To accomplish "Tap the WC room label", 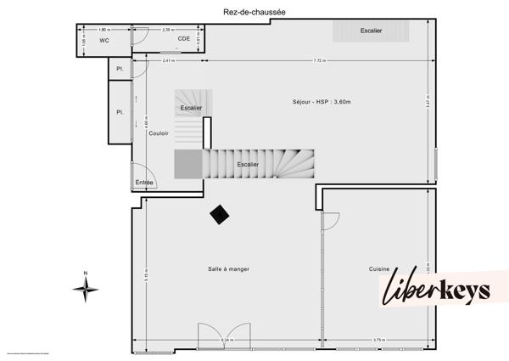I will pyautogui.click(x=104, y=40).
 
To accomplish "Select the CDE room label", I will pyautogui.click(x=183, y=39).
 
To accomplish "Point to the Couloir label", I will pyautogui.click(x=159, y=133).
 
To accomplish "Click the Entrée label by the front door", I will pyautogui.click(x=143, y=182).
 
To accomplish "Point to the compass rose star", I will pyautogui.click(x=86, y=290).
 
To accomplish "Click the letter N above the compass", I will pyautogui.click(x=86, y=273).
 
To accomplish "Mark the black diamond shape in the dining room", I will pyautogui.click(x=221, y=215).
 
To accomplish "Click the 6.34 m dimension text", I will pyautogui.click(x=227, y=341).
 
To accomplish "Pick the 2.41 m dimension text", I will pyautogui.click(x=169, y=60).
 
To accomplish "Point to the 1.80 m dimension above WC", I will pyautogui.click(x=103, y=29).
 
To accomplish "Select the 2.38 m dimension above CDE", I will pyautogui.click(x=169, y=29).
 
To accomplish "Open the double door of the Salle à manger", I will pyautogui.click(x=224, y=336).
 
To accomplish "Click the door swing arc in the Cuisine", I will pyautogui.click(x=332, y=221).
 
